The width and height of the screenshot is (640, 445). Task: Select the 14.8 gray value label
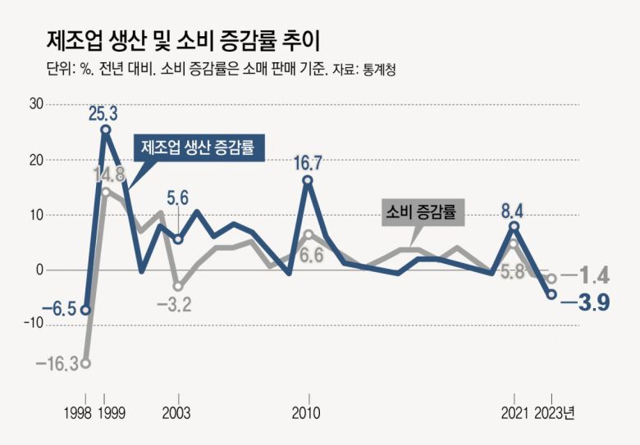pyautogui.click(x=109, y=175)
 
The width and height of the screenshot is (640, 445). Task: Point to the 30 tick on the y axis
pyautogui.click(x=36, y=104)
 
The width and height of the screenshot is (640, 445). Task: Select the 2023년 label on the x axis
pyautogui.click(x=555, y=413)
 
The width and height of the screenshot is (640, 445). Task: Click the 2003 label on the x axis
pyautogui.click(x=178, y=413)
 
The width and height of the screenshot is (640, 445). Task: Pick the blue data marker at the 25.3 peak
pyautogui.click(x=106, y=129)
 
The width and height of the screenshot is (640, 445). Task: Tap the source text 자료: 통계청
pyautogui.click(x=364, y=69)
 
